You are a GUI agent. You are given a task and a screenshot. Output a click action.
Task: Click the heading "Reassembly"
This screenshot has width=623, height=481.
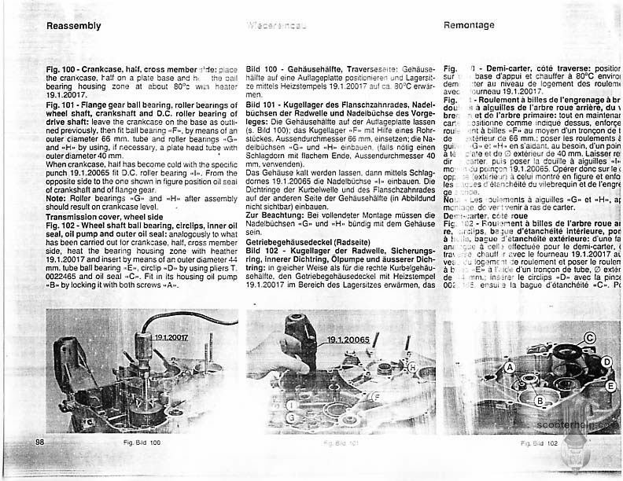point(74,25)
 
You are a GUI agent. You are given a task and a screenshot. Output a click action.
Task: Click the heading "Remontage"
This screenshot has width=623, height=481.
point(470,25)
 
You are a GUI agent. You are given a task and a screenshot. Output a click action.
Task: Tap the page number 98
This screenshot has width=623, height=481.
point(39,442)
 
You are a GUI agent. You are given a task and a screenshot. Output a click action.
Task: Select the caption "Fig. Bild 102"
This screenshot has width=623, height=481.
point(539,444)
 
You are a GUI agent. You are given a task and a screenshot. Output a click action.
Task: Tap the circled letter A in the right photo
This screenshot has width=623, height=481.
point(511,367)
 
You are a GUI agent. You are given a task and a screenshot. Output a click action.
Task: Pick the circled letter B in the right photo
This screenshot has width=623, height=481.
point(539,402)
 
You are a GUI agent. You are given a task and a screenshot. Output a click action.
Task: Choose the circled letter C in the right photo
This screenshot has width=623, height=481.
point(589,339)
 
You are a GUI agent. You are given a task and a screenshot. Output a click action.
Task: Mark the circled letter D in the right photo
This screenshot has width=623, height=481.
point(606,362)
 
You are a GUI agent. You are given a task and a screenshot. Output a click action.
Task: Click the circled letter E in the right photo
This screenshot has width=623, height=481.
point(610,386)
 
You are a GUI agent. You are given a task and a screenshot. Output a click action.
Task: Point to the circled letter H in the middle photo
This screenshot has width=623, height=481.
point(411,367)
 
